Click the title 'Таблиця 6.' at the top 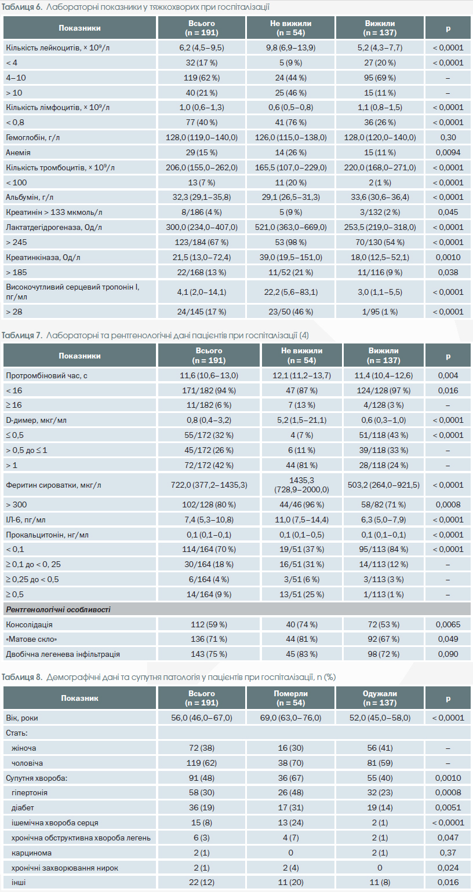(x=22, y=7)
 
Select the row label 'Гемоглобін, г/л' (x=32, y=137)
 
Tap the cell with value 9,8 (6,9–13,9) (x=291, y=47)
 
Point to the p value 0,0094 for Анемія (x=448, y=152)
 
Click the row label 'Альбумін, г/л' (x=30, y=197)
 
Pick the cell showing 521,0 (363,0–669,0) (x=291, y=228)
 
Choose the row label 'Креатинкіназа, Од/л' (x=43, y=257)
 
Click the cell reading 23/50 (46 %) (x=291, y=312)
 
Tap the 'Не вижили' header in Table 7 (x=301, y=351)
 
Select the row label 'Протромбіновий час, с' (x=46, y=375)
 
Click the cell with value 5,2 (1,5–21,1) (x=301, y=420)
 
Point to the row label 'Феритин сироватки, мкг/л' (x=53, y=485)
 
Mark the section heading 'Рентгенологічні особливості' (x=58, y=610)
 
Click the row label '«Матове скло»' (x=31, y=639)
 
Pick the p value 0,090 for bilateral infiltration (x=448, y=654)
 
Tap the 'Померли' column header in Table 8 (x=291, y=693)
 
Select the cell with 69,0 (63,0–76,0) (x=291, y=718)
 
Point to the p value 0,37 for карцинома (x=448, y=853)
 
